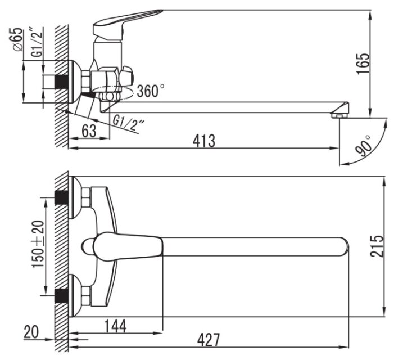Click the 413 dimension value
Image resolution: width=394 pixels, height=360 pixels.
point(204,141)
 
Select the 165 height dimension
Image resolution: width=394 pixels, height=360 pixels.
point(363,64)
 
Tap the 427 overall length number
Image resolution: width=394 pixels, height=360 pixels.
point(209,340)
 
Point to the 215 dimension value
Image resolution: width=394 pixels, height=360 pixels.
point(377,246)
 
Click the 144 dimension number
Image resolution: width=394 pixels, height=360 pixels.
point(115,326)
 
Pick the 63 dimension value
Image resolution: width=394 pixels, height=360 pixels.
point(89,130)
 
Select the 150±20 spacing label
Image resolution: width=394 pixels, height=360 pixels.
point(38,244)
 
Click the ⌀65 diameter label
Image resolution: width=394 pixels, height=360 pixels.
point(17,39)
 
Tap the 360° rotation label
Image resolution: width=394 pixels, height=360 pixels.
point(151,91)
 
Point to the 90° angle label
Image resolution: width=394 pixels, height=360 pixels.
point(364,146)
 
